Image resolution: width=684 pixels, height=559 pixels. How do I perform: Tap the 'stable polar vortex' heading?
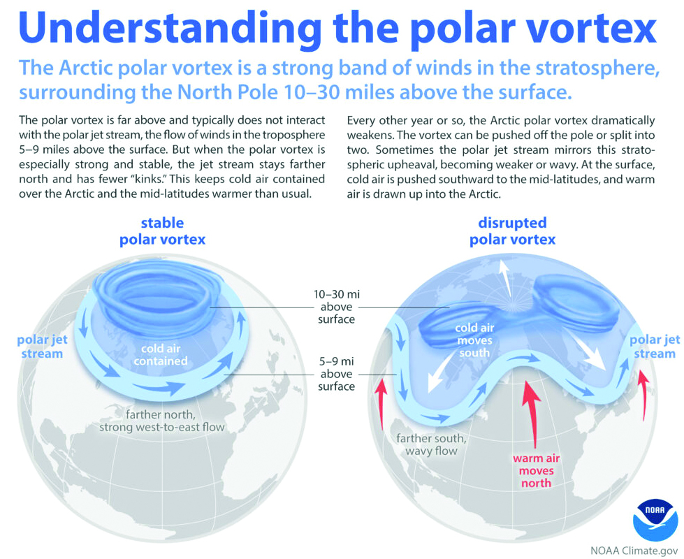162,231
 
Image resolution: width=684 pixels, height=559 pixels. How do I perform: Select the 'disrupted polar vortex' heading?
512,231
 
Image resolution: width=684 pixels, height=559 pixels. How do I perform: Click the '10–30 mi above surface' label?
336,307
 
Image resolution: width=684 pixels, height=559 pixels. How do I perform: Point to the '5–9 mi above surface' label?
336,374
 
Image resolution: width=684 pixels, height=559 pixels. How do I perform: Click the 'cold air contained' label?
161,355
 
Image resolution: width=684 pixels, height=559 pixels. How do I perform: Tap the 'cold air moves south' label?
474,340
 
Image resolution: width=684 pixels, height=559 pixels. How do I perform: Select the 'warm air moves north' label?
536,470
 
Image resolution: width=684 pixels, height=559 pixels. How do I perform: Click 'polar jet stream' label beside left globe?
43,347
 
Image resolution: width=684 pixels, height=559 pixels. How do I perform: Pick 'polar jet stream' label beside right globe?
655,347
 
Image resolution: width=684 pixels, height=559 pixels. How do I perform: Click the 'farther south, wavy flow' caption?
431,444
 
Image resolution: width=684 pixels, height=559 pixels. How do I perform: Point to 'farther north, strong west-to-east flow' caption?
162,421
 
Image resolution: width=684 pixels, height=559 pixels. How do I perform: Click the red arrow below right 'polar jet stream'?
642,395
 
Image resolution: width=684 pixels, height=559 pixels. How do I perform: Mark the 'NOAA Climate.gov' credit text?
634,551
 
